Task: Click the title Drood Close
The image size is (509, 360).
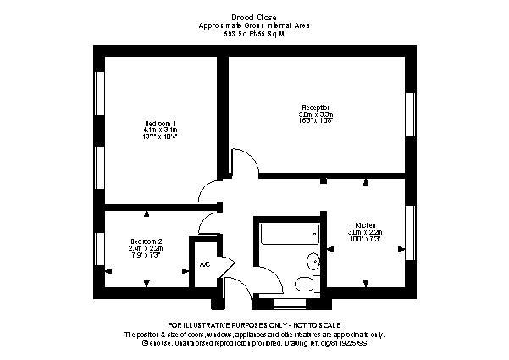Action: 254,16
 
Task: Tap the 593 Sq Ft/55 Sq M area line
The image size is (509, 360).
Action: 254,36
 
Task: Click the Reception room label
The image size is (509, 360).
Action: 317,108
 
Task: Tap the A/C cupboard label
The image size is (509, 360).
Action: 203,264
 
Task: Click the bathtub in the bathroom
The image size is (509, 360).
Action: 289,233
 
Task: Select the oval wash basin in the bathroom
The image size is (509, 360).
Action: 312,260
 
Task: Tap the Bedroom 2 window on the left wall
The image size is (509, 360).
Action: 99,250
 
